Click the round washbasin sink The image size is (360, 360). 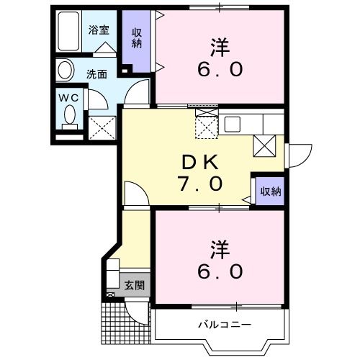click(66, 71)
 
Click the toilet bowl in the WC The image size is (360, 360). click(70, 114)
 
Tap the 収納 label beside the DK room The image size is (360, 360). click(270, 191)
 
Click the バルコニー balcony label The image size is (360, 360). click(225, 325)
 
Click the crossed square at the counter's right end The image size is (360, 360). click(264, 145)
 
